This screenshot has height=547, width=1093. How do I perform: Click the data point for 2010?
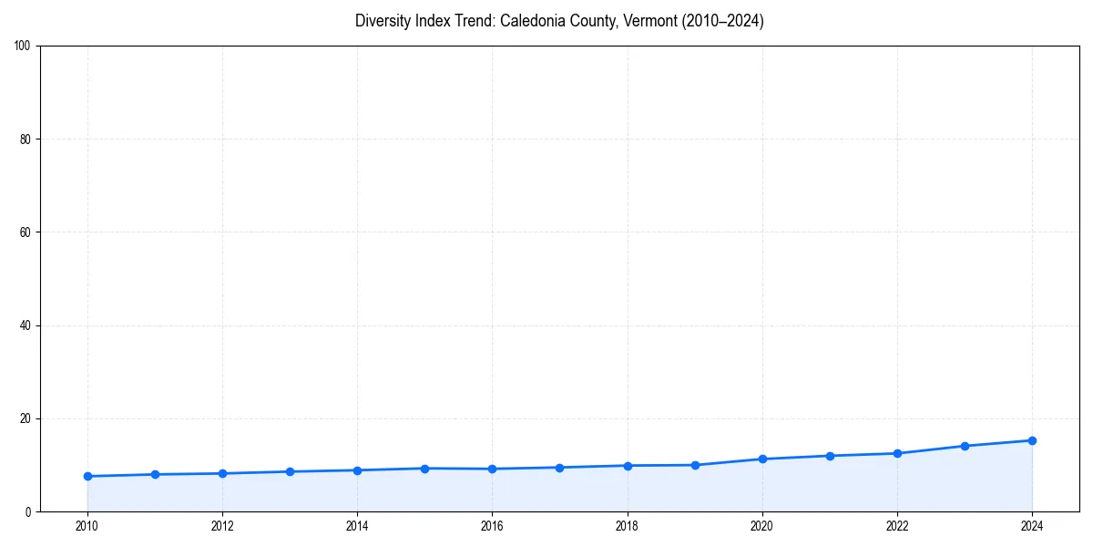(87, 476)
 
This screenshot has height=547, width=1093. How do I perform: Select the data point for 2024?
(1032, 440)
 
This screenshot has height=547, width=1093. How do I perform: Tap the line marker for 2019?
(695, 465)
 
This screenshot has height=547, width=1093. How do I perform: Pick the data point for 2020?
(762, 459)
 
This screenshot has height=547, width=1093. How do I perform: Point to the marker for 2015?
(424, 469)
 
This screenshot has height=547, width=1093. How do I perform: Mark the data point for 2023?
(965, 446)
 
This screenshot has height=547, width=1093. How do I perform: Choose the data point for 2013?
(290, 471)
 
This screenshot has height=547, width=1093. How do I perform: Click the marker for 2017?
(559, 468)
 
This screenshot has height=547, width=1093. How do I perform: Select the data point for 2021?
(830, 456)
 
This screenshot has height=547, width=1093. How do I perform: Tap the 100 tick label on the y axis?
(24, 46)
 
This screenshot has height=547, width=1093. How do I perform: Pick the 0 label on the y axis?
(29, 511)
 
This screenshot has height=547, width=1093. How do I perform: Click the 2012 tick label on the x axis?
(222, 526)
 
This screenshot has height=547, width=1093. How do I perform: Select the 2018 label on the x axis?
(627, 526)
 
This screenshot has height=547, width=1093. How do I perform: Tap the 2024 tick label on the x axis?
(1032, 526)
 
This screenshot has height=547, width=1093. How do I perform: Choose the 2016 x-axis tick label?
(492, 526)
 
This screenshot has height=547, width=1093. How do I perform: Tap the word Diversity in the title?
(382, 21)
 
